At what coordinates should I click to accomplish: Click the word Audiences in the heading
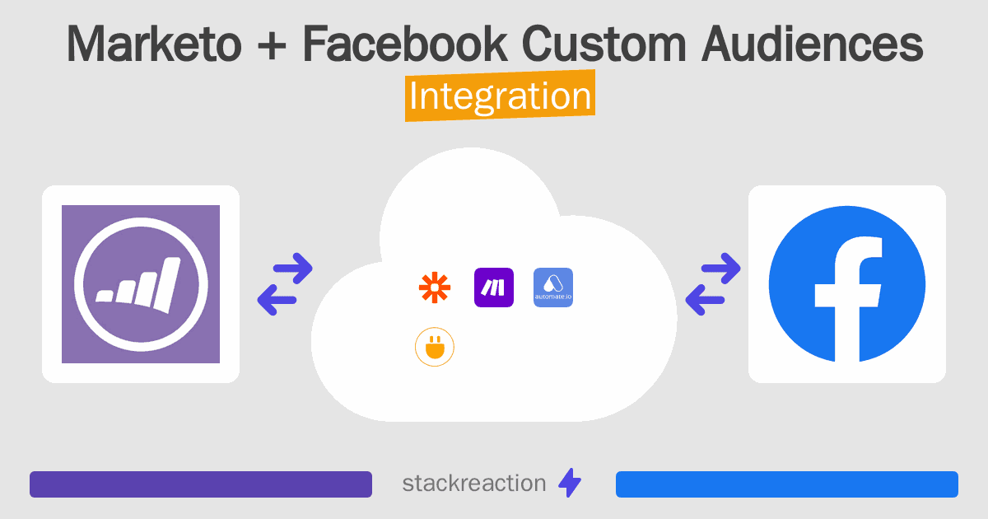point(812,44)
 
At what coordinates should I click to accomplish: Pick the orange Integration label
point(500,96)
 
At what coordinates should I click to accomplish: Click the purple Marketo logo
point(141,284)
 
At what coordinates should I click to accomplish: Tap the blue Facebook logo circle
point(846,284)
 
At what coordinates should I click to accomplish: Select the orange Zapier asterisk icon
point(435,288)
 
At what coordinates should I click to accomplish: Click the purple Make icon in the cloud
point(494,288)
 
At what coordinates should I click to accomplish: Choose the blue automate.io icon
point(553,288)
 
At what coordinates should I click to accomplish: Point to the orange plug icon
point(435,348)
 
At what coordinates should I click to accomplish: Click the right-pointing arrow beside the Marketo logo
point(293,269)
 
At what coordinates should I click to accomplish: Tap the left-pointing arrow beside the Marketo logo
point(278,299)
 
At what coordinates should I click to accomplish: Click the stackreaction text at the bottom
point(473,484)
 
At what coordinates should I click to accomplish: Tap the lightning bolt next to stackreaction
point(570,484)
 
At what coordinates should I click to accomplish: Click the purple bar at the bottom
point(201,484)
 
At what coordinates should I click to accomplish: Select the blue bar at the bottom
point(786,484)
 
